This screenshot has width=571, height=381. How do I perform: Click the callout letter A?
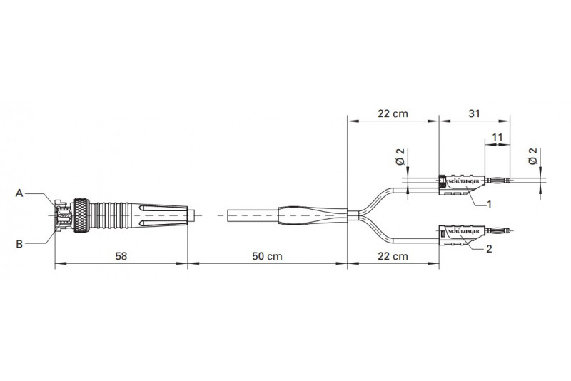coord(19,193)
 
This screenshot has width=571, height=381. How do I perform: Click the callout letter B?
coord(19,244)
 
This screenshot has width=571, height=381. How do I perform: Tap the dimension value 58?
coord(121,256)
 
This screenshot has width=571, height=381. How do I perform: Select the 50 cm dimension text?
coord(267,256)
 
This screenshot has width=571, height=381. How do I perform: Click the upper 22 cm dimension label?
coord(393,113)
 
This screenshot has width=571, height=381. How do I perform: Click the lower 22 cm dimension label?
coord(393,256)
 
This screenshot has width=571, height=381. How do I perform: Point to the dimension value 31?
coord(474,113)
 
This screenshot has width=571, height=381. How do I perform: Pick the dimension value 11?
coord(497,137)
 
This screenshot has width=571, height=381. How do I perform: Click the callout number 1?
coord(489,205)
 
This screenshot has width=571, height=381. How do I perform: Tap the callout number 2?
coord(489,248)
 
